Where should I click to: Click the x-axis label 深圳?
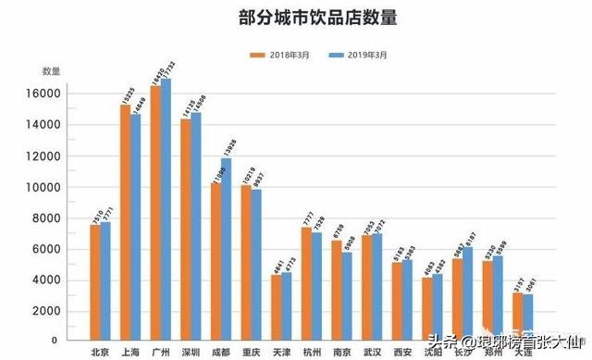(x=191, y=351)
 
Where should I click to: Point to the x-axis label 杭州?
(x=312, y=351)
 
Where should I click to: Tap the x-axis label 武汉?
(x=372, y=351)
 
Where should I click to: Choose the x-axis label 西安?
(x=402, y=351)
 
